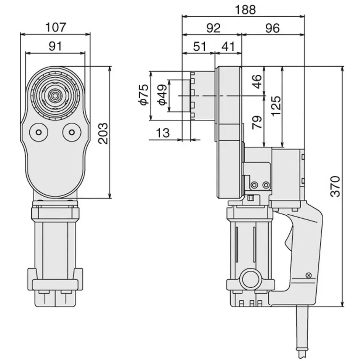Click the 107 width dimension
coord(56,27)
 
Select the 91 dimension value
coord(56,47)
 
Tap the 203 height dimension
coord(103,133)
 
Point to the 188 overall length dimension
coord(245,10)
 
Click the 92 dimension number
coord(213,28)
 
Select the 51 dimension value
coord(199,47)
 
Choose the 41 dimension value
coord(228,47)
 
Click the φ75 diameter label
coord(143,95)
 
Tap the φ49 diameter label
coord(162,95)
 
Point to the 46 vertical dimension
coord(258,81)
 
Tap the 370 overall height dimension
coord(335,186)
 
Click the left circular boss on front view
coord(38,132)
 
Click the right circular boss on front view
coord(72,132)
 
